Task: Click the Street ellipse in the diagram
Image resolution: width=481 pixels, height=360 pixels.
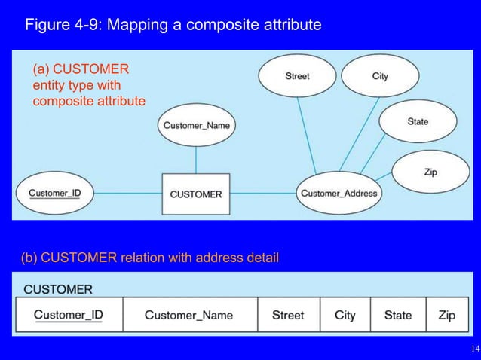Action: coord(297,76)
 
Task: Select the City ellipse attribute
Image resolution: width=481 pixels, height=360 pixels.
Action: coord(380,76)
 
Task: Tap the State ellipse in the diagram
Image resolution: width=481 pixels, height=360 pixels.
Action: coord(417,121)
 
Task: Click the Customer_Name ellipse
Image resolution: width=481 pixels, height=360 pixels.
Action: coord(196,124)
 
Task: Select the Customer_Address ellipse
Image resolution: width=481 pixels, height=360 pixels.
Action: coord(339,194)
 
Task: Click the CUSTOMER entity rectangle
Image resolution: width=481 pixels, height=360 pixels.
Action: coord(196,194)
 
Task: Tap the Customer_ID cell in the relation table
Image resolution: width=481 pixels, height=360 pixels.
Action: coord(69,315)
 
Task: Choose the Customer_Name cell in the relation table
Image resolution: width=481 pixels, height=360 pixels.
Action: coord(189,315)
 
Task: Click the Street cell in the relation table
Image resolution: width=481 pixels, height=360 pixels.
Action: coord(288,315)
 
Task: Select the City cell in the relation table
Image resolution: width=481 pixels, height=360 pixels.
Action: coord(345,315)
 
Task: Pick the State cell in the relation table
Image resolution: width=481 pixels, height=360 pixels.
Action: coord(397,315)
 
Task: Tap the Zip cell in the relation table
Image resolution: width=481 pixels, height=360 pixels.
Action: coord(446,315)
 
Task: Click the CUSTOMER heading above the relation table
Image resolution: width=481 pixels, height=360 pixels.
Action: coord(59,289)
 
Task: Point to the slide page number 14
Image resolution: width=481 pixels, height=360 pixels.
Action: coord(473,349)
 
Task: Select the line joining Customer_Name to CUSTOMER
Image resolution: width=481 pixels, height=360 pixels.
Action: coord(196,160)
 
